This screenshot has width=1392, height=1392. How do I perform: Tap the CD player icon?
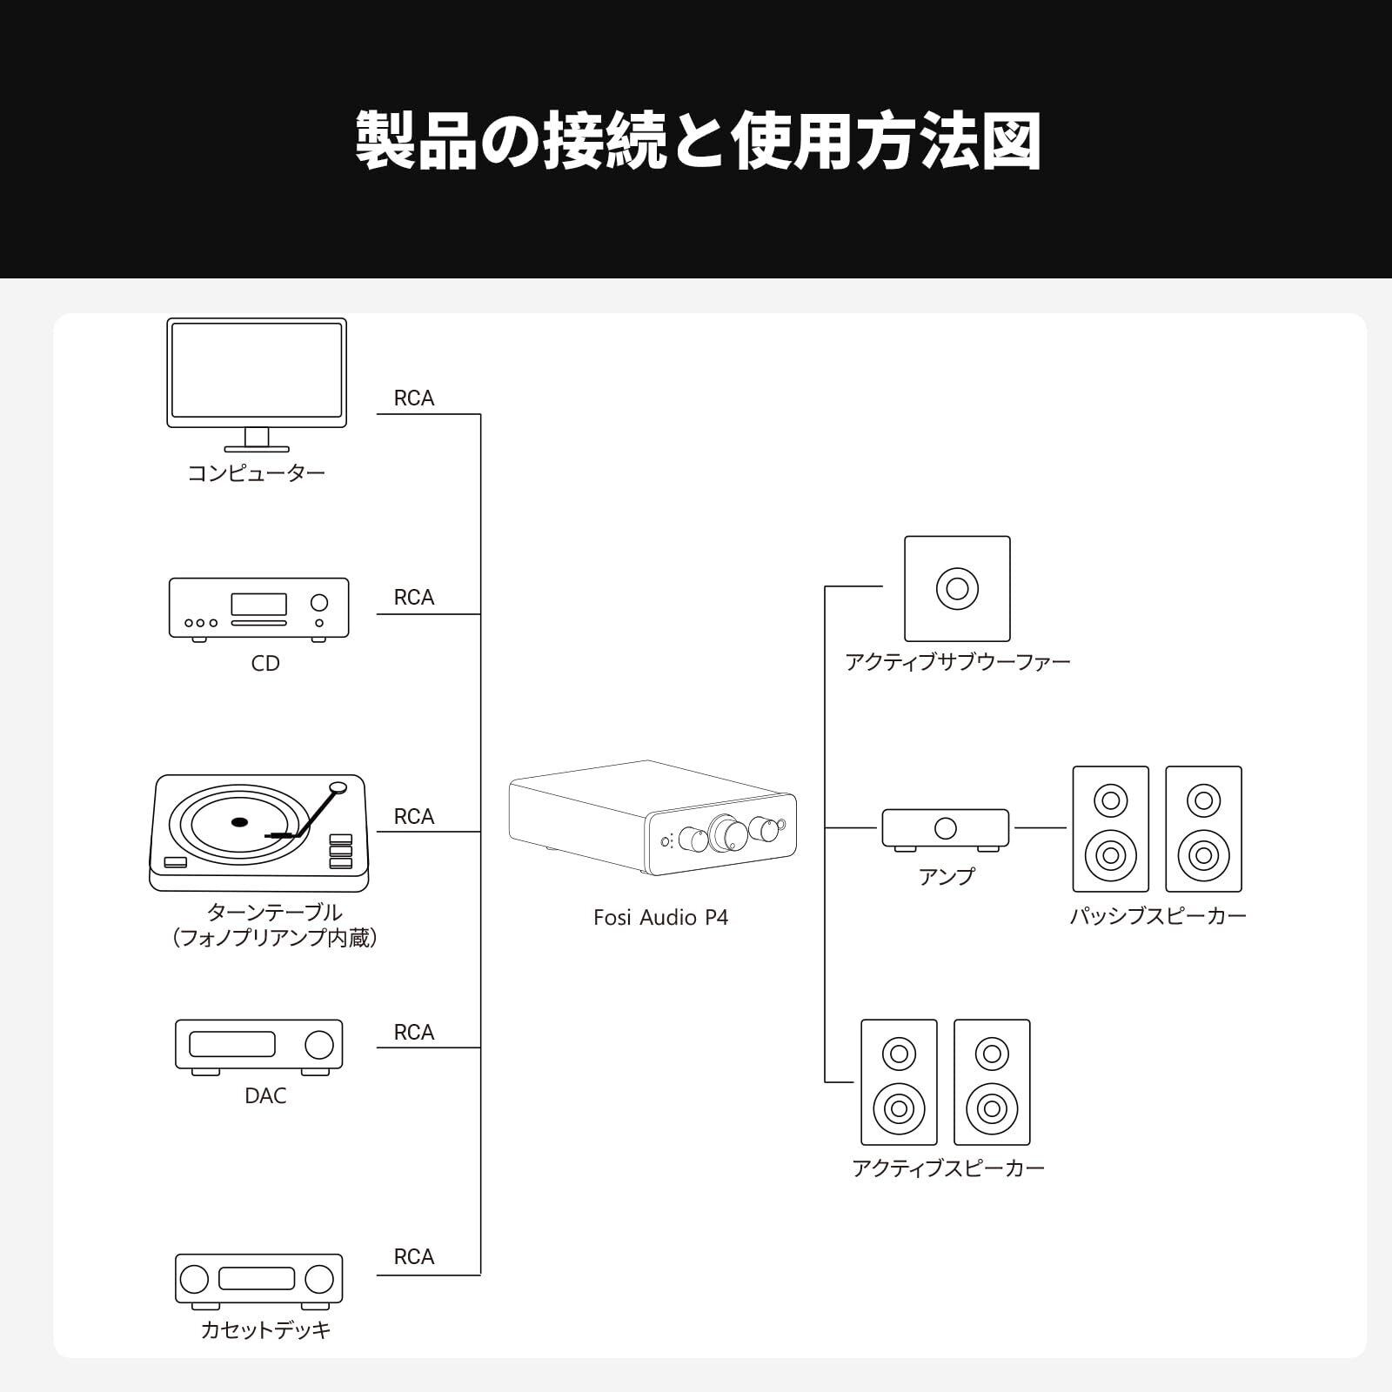pos(258,608)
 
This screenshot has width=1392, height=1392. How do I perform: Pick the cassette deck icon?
pos(258,1280)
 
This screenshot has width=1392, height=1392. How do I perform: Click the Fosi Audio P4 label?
pos(660,918)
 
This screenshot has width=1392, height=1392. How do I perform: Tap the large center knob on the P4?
pos(727,833)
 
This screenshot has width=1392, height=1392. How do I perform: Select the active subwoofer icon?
pos(957,589)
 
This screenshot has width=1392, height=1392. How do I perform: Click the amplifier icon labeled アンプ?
pos(945,828)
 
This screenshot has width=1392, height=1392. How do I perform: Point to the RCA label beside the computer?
pos(413,398)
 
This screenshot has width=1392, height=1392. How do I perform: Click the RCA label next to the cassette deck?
pos(413,1257)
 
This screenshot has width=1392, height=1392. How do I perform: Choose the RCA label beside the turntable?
pos(413,817)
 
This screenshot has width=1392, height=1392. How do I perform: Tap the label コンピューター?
pos(257,473)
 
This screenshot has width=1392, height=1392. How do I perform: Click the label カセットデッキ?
pos(265,1330)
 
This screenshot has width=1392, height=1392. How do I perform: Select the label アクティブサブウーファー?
pos(957,662)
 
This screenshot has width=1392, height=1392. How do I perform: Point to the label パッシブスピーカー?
pos(1157,916)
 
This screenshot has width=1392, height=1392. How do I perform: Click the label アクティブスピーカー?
pos(947,1168)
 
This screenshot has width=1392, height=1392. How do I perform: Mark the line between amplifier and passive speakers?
pos(1041,828)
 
